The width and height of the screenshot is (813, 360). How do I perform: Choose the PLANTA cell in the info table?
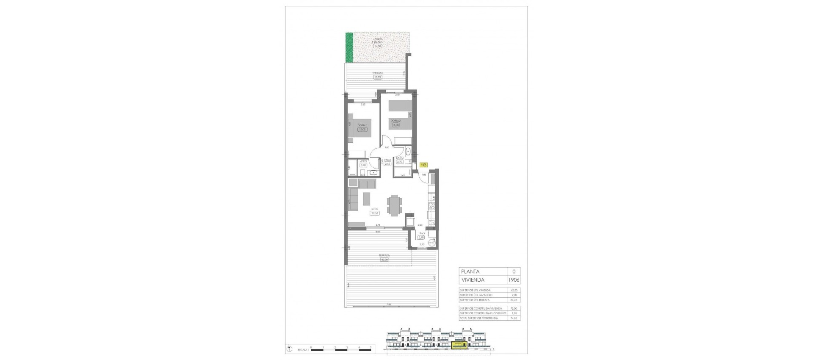pos(471,272)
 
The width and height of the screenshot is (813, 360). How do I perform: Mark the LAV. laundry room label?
pos(421,233)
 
